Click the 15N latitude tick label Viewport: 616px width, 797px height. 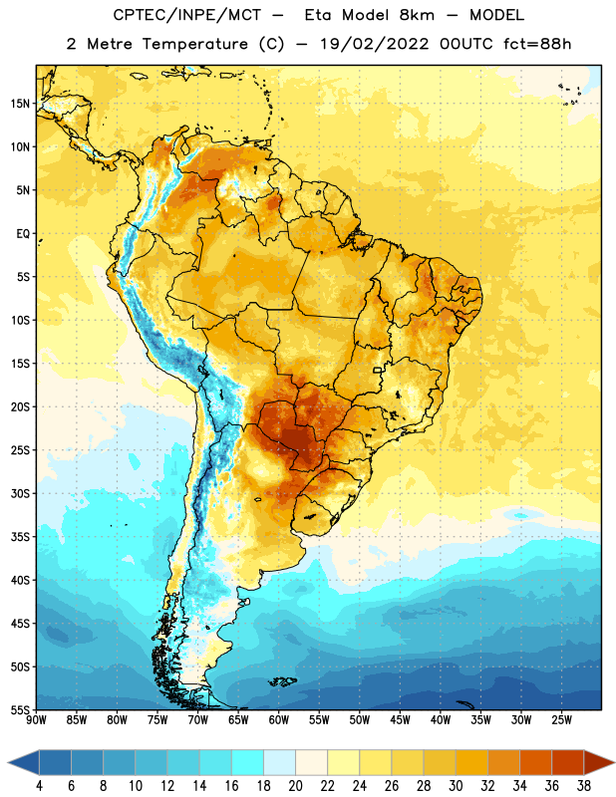pos(20,104)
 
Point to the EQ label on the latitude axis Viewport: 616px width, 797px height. pos(23,234)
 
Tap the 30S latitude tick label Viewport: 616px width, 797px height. pos(20,493)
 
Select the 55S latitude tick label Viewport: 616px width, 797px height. pos(20,710)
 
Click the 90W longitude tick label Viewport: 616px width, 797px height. pos(37,720)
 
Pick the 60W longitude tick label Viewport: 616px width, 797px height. pos(279,720)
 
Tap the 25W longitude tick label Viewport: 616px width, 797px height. pos(561,720)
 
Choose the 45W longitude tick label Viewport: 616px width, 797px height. pos(400,720)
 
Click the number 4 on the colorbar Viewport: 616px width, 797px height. pos(39,786)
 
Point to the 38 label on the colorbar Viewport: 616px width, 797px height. pos(584,786)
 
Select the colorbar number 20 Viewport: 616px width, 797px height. pos(295,786)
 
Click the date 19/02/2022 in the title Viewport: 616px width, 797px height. pos(375,44)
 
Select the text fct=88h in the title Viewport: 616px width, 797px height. pos(537,44)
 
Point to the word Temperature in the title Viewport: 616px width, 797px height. pos(194,44)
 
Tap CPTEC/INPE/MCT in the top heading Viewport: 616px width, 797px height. pos(186,15)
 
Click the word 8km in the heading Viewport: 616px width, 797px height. pos(417,15)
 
